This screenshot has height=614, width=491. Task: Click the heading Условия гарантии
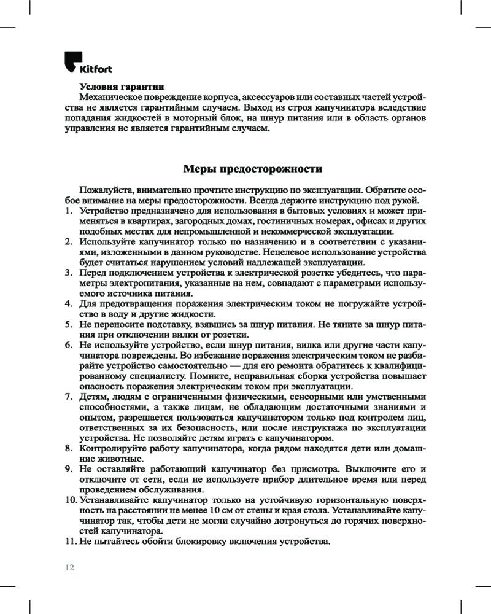pyautogui.click(x=122, y=87)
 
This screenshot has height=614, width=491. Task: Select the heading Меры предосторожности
pyautogui.click(x=253, y=168)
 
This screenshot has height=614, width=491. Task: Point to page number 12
pyautogui.click(x=69, y=567)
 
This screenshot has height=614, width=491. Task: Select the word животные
pyautogui.click(x=115, y=459)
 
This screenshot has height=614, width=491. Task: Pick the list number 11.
pyautogui.click(x=70, y=542)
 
